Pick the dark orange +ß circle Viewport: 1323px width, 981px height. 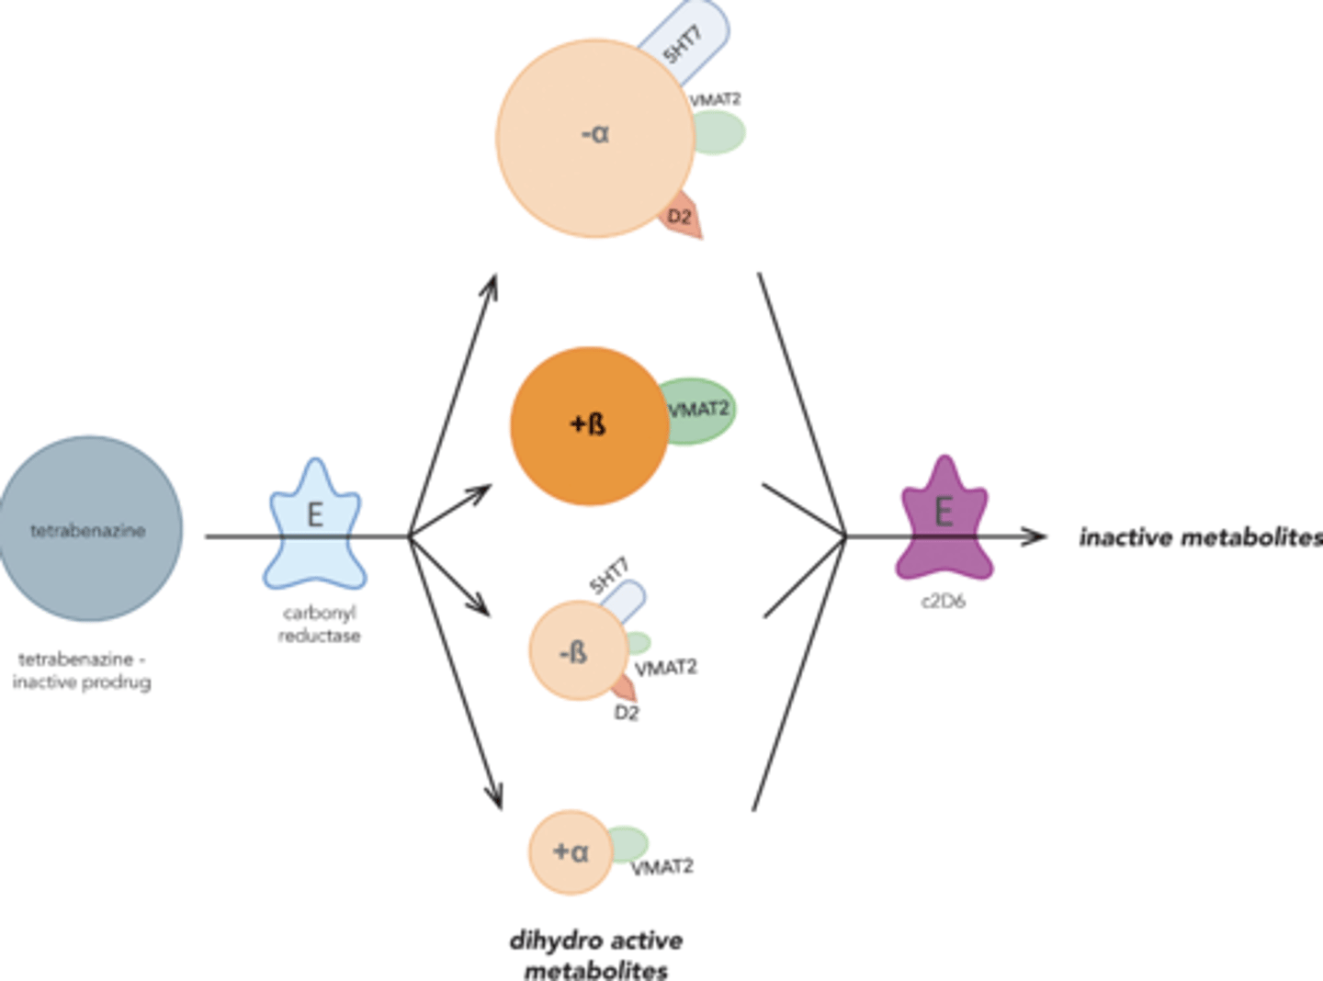click(588, 426)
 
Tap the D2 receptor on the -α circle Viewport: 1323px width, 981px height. click(683, 217)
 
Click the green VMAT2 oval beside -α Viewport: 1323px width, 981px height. click(719, 133)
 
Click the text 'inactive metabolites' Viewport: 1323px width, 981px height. click(1200, 537)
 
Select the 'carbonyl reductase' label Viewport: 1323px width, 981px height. click(319, 625)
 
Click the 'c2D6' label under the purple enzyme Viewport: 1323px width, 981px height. click(943, 602)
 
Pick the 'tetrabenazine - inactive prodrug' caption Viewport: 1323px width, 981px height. click(82, 671)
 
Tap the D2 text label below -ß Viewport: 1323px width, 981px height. click(626, 713)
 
